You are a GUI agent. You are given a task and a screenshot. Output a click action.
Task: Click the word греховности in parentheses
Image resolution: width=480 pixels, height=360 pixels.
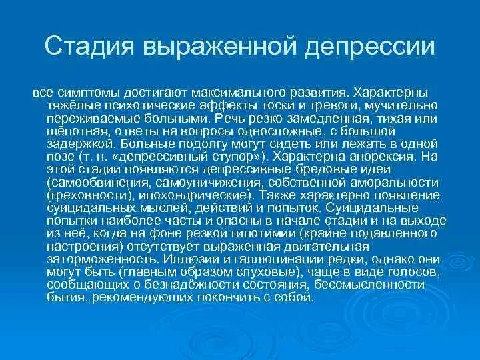point(83,194)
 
